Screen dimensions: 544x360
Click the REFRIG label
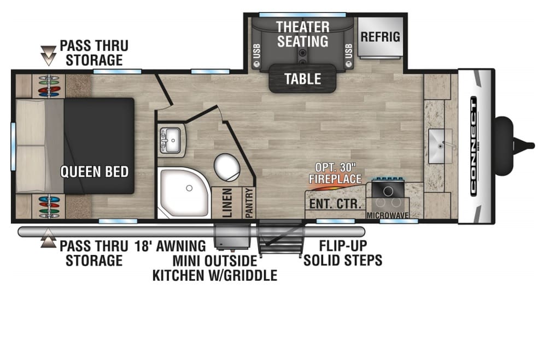click(380, 37)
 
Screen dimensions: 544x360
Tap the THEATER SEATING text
click(303, 34)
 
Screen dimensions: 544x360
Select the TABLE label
click(303, 79)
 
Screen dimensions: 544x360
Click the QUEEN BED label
click(95, 171)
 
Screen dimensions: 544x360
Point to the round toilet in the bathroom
click(226, 167)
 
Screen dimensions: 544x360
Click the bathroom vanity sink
click(170, 140)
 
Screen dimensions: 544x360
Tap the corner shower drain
click(189, 188)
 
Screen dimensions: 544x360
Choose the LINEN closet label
click(227, 203)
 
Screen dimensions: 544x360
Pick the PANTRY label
click(249, 203)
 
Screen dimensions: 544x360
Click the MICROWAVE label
click(388, 216)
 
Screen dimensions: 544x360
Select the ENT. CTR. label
click(335, 204)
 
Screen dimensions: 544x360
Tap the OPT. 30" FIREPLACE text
click(335, 173)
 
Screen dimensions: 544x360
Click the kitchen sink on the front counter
click(440, 146)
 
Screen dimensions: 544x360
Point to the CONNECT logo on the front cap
click(473, 146)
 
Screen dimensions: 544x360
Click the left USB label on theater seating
click(256, 51)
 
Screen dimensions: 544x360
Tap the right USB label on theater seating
click(349, 51)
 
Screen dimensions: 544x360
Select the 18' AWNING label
click(170, 246)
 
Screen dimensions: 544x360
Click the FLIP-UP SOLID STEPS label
click(343, 253)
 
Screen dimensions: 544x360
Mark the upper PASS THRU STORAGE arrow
click(48, 56)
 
